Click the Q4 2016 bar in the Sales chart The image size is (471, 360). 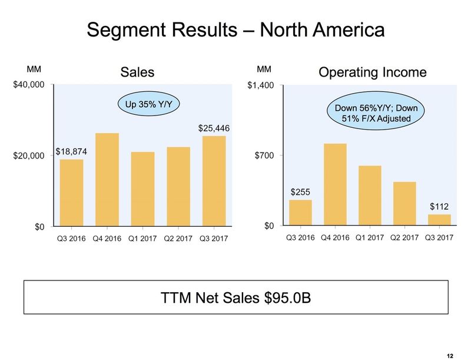click(107, 179)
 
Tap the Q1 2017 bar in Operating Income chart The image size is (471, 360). click(370, 196)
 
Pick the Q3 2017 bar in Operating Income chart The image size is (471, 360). click(439, 220)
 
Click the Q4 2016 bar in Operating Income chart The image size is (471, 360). click(335, 184)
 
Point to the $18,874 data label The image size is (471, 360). click(72, 151)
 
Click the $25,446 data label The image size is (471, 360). click(214, 128)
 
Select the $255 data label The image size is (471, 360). click(300, 191)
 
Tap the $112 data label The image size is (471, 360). click(439, 206)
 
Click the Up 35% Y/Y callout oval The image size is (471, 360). click(149, 105)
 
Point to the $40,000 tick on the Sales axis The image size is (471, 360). click(29, 85)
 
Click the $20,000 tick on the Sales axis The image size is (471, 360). click(29, 156)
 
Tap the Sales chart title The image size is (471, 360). click(137, 72)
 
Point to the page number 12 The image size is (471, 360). click(450, 356)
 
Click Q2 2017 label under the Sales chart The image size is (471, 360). click(178, 239)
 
